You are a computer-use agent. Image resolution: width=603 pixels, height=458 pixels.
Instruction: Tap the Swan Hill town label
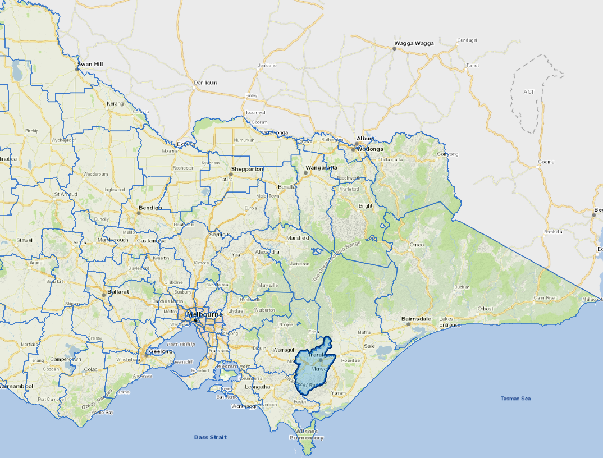click(91, 65)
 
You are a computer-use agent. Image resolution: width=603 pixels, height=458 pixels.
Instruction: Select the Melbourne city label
click(204, 314)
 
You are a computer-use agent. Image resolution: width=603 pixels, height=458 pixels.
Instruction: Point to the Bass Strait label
click(210, 437)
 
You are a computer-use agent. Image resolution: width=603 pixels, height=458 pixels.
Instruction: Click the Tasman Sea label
click(515, 399)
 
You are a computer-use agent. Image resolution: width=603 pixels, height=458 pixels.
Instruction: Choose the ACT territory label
click(529, 91)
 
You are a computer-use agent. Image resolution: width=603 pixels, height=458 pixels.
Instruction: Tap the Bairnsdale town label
click(416, 319)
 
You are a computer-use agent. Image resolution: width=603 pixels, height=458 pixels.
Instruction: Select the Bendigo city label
click(150, 208)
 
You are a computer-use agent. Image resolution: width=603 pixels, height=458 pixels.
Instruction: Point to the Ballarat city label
click(119, 292)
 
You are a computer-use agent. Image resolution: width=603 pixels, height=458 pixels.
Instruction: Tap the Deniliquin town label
click(205, 83)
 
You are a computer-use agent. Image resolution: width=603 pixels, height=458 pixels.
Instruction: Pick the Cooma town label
click(546, 162)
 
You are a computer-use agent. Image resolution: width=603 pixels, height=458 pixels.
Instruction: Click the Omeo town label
click(417, 244)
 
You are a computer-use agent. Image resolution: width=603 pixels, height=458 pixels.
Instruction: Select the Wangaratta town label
click(321, 167)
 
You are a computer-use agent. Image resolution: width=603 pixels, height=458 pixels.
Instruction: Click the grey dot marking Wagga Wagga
click(395, 49)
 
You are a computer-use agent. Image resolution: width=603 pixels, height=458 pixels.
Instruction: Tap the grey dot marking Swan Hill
click(78, 70)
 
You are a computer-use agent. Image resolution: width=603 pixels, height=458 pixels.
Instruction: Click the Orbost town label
click(485, 309)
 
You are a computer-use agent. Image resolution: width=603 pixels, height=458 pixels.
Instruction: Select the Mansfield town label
click(298, 238)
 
